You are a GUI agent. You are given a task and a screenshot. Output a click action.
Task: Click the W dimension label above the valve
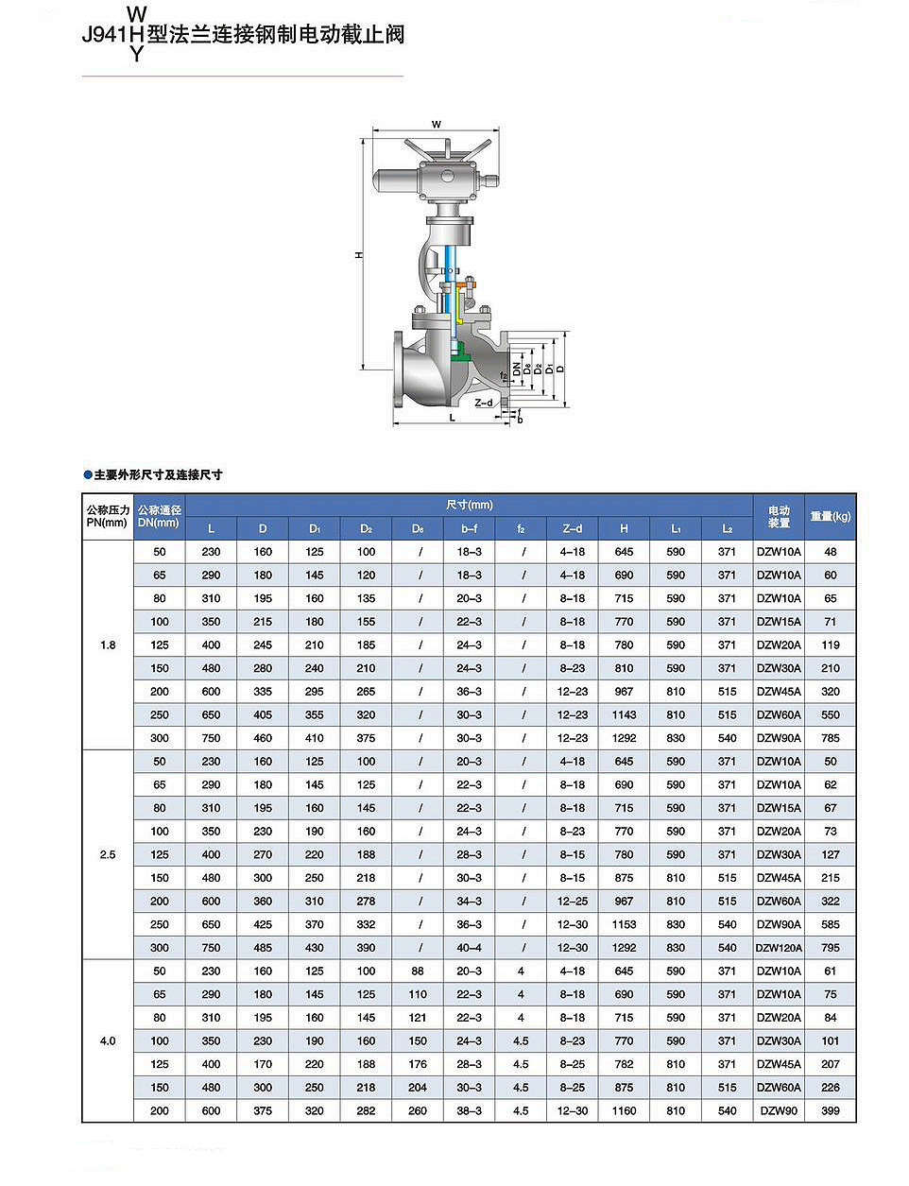(x=436, y=125)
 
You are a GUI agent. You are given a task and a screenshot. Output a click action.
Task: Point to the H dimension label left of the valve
(x=358, y=255)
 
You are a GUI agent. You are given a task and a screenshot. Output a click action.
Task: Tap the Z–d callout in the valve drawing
(x=483, y=403)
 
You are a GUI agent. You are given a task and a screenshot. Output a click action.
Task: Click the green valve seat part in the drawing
(x=461, y=353)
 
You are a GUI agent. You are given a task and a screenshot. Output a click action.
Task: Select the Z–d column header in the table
(x=572, y=529)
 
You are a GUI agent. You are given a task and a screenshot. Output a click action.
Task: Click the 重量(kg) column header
(x=830, y=517)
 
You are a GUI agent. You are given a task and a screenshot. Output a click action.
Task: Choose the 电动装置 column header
(x=779, y=517)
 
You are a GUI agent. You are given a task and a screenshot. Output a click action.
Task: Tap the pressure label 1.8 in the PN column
(x=108, y=645)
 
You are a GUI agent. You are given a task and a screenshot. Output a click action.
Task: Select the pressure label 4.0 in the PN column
(x=108, y=1041)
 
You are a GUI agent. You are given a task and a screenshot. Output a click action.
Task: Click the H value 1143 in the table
(x=624, y=715)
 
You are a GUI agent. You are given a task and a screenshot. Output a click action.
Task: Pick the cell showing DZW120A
(x=779, y=948)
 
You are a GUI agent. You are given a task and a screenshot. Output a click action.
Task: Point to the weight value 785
(x=830, y=739)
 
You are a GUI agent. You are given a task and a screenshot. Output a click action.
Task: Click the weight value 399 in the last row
(x=830, y=1111)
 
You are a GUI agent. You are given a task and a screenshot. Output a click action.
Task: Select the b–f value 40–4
(x=469, y=948)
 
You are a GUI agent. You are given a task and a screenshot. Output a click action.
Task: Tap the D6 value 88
(x=418, y=971)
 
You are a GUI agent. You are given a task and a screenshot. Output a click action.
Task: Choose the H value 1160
(x=624, y=1111)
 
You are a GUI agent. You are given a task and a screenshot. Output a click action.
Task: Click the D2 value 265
(x=366, y=692)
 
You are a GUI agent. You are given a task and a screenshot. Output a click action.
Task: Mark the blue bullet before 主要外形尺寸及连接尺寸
(x=88, y=474)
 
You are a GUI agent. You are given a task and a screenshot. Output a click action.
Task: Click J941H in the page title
(x=112, y=35)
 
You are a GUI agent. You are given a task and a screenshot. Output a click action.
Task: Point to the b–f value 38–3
(x=469, y=1111)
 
